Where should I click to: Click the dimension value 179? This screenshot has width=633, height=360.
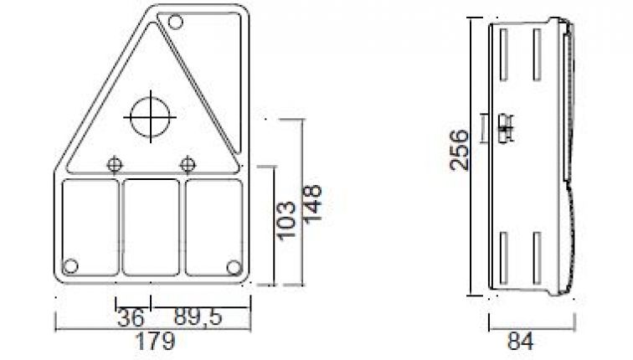click(156, 342)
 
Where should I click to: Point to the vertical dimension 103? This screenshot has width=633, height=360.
click(286, 219)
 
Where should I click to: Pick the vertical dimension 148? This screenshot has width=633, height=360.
click(313, 204)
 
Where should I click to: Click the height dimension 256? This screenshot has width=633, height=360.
click(459, 150)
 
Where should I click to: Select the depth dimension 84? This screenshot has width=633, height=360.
click(519, 342)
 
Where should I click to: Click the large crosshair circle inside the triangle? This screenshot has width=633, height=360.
click(151, 116)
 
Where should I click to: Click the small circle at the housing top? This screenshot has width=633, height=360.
click(176, 23)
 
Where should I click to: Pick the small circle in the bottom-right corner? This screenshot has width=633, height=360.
click(234, 266)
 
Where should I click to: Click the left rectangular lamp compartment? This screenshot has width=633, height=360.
click(91, 227)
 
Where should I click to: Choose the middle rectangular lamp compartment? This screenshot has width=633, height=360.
click(152, 227)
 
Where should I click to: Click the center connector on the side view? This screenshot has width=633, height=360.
click(505, 130)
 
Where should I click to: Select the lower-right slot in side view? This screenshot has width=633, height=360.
click(535, 255)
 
